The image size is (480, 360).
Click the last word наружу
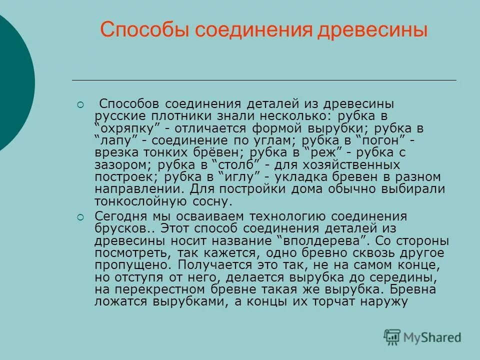385,301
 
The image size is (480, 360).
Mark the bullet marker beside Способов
80,105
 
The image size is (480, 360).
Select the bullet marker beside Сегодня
80,217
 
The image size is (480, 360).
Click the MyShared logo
422,337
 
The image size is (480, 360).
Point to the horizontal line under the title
264,80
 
